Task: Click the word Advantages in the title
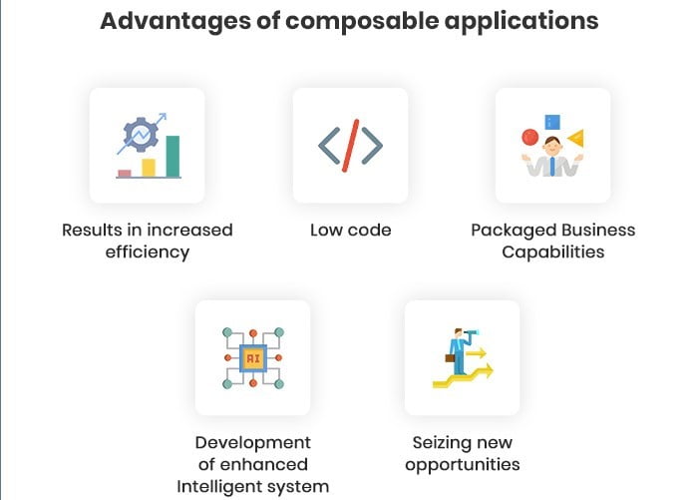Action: coord(175,22)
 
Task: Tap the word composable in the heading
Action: coord(362,22)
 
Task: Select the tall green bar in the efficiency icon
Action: coord(173,157)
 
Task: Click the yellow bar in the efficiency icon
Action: coord(149,168)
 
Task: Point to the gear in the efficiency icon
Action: coord(141,135)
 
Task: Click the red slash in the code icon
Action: coord(350,146)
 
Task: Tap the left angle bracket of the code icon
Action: coord(329,146)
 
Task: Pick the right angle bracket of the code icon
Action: coord(372,146)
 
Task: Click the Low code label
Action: coord(351,230)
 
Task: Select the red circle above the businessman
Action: coord(529,137)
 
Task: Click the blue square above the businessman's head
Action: coord(552,122)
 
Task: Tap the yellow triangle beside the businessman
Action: coord(575,138)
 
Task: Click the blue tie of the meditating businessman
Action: coord(552,166)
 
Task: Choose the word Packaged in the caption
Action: coord(508,231)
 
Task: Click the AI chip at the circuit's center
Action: coord(253,358)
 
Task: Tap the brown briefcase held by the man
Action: coord(450,358)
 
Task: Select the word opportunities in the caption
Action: coord(463,465)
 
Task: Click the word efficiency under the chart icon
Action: coord(148,252)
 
